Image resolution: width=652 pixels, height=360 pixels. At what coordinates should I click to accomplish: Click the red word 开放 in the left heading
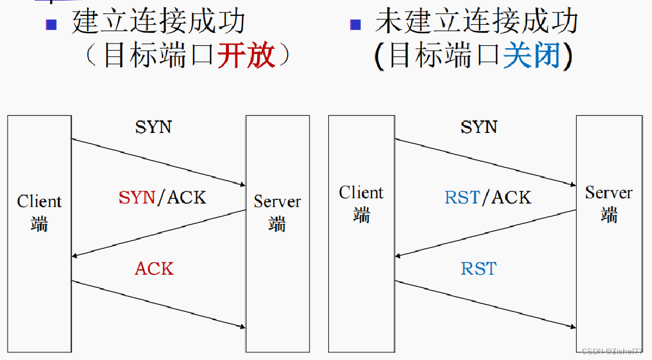click(246, 56)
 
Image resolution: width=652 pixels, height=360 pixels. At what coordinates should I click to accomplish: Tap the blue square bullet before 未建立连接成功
click(355, 24)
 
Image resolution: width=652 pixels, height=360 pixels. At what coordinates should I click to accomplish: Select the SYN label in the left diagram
click(154, 126)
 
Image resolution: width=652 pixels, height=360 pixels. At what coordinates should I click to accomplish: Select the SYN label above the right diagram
click(479, 126)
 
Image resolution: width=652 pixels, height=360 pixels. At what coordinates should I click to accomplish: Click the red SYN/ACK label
click(162, 197)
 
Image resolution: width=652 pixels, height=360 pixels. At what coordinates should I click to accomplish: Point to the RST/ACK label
click(488, 197)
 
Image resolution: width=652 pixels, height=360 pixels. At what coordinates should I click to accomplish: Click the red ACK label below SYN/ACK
click(154, 268)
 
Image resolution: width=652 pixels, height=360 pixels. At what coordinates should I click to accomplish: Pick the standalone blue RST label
click(478, 268)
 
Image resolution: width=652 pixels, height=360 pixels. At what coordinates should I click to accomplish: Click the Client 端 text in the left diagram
click(39, 212)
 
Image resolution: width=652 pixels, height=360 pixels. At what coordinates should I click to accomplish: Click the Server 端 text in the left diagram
click(277, 212)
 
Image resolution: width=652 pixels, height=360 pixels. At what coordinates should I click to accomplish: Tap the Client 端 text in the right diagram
click(361, 203)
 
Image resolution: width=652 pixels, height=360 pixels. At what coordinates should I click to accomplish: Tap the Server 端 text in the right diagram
click(608, 203)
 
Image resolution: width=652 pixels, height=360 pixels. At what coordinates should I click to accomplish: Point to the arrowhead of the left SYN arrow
click(242, 185)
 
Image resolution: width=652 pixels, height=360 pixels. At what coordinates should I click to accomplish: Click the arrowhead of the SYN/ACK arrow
click(75, 256)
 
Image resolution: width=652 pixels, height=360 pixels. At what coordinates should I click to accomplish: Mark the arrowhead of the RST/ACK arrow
click(399, 256)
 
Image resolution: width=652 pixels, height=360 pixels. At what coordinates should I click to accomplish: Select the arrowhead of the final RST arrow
click(572, 326)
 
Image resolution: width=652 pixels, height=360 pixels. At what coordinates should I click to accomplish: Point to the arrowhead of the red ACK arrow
click(242, 326)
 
